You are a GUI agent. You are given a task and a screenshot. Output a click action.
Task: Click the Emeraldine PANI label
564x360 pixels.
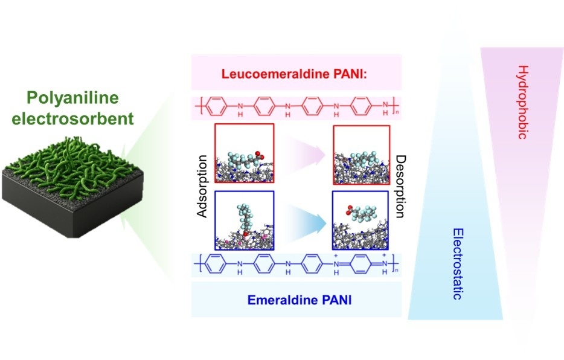[x=296, y=298]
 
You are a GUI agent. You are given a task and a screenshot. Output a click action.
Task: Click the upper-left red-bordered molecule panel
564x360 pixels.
[x=244, y=153]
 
